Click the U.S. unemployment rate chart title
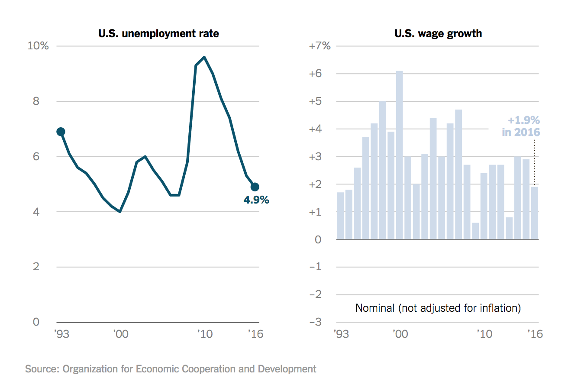(x=158, y=33)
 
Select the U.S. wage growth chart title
(x=438, y=33)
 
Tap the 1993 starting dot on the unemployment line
(x=61, y=132)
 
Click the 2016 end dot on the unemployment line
(x=255, y=187)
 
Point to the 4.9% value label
(x=256, y=200)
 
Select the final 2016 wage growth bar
(x=534, y=213)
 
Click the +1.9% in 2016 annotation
(x=521, y=126)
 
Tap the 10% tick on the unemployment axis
(x=38, y=46)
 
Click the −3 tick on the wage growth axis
(x=320, y=322)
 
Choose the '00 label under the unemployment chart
(x=119, y=334)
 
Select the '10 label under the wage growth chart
(x=484, y=334)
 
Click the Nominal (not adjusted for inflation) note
(x=438, y=308)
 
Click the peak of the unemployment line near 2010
(x=204, y=57)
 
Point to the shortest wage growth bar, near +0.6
(x=475, y=231)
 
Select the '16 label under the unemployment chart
(x=255, y=334)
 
